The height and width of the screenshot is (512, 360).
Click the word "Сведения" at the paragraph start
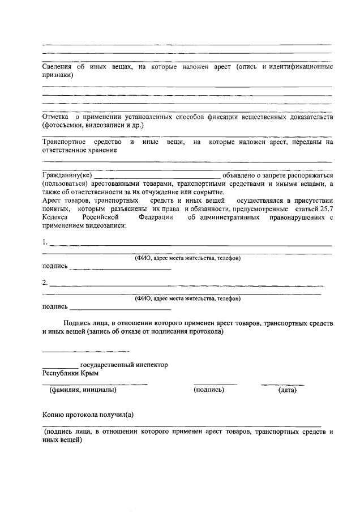click(x=57, y=67)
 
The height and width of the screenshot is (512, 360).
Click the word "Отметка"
click(x=56, y=117)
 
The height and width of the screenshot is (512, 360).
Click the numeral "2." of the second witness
click(x=45, y=283)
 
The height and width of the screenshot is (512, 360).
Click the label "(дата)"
click(x=287, y=390)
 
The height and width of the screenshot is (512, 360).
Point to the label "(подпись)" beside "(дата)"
click(x=209, y=390)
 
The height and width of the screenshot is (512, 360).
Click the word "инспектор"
click(x=149, y=365)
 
